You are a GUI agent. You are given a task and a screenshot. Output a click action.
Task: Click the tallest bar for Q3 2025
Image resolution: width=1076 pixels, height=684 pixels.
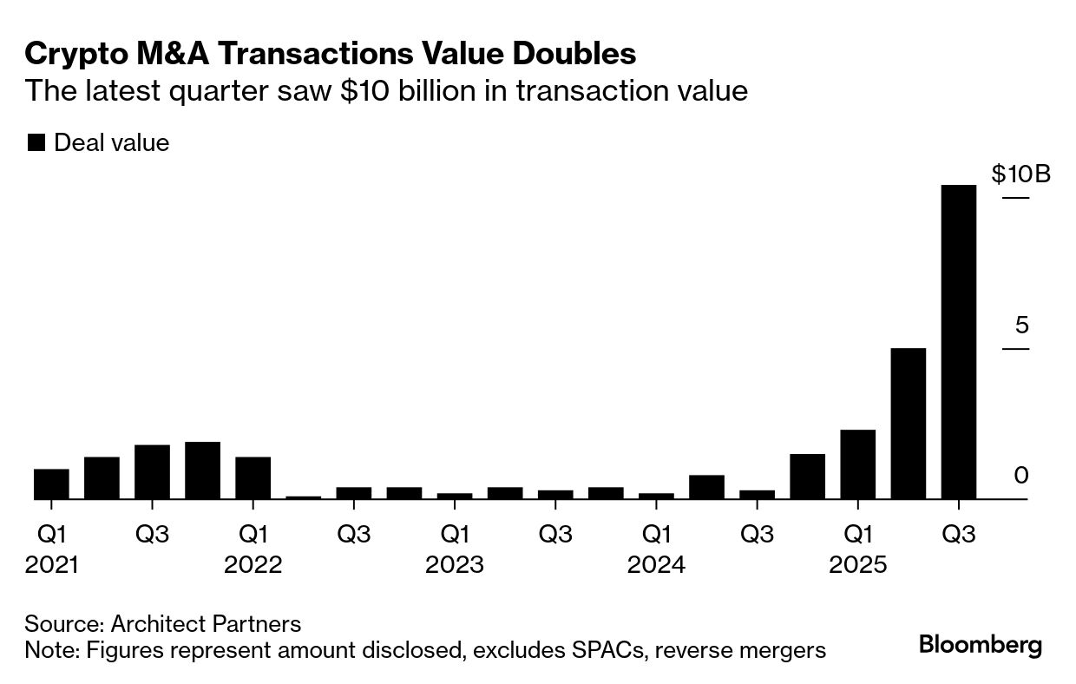click(x=958, y=342)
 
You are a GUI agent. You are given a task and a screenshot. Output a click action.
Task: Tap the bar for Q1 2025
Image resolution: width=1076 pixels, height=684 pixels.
click(x=857, y=464)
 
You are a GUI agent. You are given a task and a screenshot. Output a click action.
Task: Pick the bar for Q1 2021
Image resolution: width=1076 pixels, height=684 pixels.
click(x=51, y=484)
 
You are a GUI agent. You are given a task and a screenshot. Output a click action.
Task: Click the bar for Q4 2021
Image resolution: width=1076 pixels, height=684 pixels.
click(x=202, y=470)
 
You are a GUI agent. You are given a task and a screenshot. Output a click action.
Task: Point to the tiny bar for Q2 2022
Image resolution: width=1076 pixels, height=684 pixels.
click(x=253, y=497)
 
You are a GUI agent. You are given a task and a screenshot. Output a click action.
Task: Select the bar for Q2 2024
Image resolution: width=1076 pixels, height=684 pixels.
click(x=706, y=487)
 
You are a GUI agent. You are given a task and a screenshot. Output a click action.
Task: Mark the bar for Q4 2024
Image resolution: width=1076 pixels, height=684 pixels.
click(x=807, y=477)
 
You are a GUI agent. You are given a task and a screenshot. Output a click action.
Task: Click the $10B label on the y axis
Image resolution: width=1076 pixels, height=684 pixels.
click(x=1020, y=174)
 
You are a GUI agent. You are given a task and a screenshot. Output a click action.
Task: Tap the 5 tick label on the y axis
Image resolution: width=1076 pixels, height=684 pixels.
click(x=1021, y=326)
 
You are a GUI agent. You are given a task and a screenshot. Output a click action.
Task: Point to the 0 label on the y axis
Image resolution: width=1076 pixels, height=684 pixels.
click(x=1021, y=476)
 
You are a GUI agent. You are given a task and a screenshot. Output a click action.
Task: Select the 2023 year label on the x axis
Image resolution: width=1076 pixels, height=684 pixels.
click(x=454, y=565)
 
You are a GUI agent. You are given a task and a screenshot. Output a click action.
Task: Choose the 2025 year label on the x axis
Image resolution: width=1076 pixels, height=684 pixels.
click(x=857, y=565)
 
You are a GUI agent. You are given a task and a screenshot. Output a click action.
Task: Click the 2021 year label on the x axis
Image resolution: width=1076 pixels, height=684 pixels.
click(x=52, y=565)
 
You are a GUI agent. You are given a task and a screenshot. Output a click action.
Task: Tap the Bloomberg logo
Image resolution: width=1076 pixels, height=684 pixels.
click(x=981, y=645)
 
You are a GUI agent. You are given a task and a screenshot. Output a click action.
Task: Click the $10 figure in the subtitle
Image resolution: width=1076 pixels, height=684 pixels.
click(x=359, y=91)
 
